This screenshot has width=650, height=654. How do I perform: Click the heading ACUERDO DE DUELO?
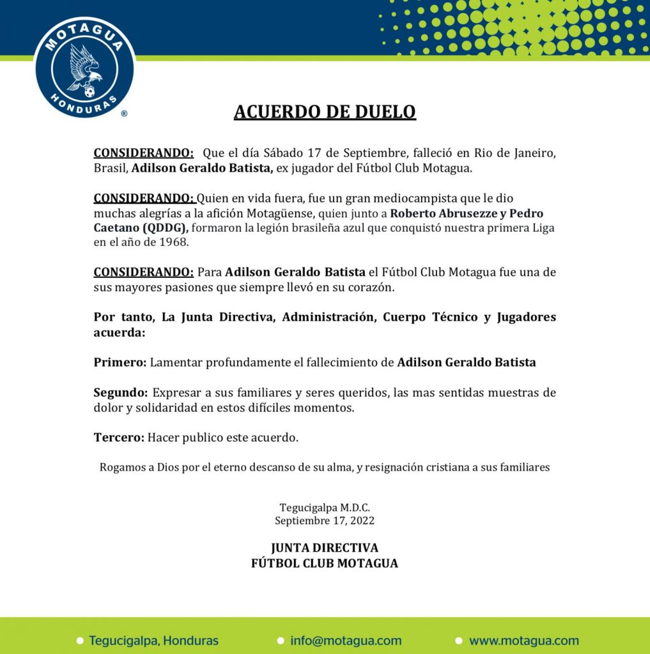tap(325, 112)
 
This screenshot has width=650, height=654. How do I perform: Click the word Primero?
tap(120, 362)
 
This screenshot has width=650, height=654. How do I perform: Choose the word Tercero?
tap(119, 437)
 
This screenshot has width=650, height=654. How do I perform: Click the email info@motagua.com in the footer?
tap(346, 641)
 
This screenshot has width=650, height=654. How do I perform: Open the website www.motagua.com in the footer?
tap(524, 641)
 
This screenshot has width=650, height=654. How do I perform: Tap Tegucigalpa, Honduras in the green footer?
tap(154, 641)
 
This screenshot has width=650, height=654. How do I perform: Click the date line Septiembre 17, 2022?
tap(325, 521)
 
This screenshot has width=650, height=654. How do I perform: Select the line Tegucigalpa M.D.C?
tap(325, 508)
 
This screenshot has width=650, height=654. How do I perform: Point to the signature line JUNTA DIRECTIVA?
tap(325, 548)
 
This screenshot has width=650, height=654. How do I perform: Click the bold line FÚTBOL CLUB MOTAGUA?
tap(325, 563)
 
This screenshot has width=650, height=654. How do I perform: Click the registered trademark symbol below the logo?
tap(124, 113)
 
